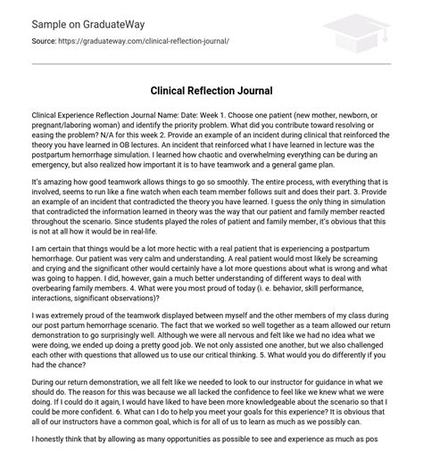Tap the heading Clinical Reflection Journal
coord(211,90)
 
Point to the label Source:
coord(44,41)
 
